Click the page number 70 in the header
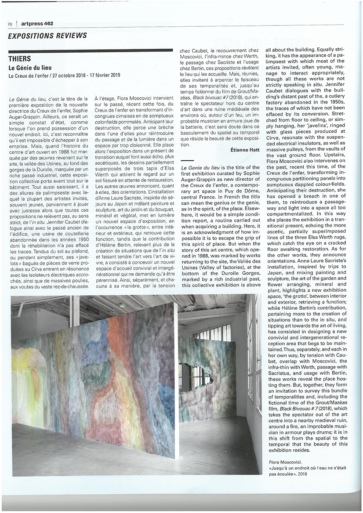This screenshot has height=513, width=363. pos(10,24)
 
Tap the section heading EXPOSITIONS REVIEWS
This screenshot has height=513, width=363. pos(47,36)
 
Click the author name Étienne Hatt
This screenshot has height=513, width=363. pos(245,150)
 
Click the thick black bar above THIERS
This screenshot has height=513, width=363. pos(91,51)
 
